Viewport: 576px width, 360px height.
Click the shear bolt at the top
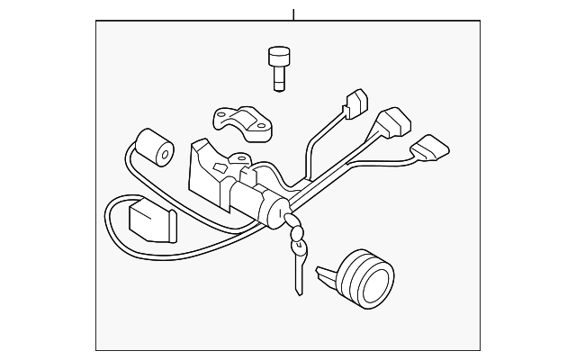tap(277, 68)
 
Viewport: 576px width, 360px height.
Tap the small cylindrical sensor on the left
tap(153, 148)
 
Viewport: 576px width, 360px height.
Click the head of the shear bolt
tap(277, 57)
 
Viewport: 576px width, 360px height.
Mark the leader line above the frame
tap(293, 13)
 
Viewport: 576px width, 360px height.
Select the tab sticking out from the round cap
tap(329, 267)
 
